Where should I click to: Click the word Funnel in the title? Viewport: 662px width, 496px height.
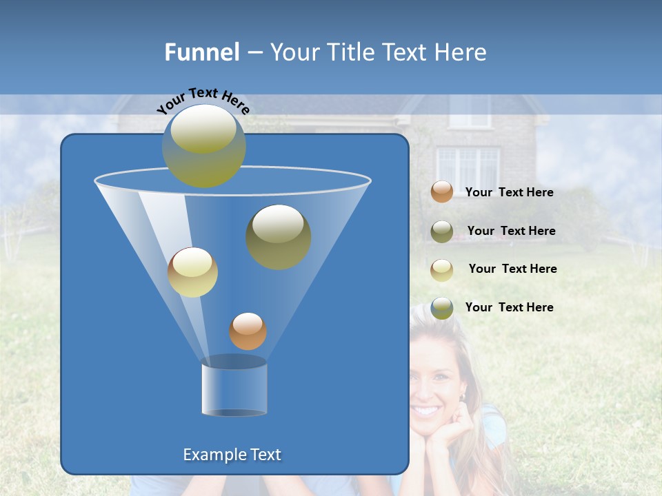click(x=201, y=52)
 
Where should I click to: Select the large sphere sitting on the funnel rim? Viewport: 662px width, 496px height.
click(x=204, y=145)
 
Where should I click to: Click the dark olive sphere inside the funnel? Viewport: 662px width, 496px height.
click(x=278, y=236)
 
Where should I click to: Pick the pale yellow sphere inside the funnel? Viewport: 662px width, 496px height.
click(x=192, y=272)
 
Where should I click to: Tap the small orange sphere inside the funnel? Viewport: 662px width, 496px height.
click(x=248, y=331)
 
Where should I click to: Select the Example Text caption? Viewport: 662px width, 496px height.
click(x=232, y=455)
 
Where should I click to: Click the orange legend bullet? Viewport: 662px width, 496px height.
click(x=442, y=192)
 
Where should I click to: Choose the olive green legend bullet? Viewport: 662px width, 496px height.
click(x=442, y=231)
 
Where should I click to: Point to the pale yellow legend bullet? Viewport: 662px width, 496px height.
click(x=442, y=269)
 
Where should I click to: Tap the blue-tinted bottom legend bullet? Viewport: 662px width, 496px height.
click(x=442, y=308)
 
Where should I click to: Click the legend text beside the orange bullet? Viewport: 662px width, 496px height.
click(x=509, y=193)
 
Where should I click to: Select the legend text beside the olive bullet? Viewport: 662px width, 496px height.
click(x=511, y=231)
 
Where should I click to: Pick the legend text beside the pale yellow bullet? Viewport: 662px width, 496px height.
click(x=512, y=269)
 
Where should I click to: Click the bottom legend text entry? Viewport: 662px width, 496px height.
click(x=509, y=308)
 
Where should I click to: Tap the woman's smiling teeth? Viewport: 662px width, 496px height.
click(x=426, y=411)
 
